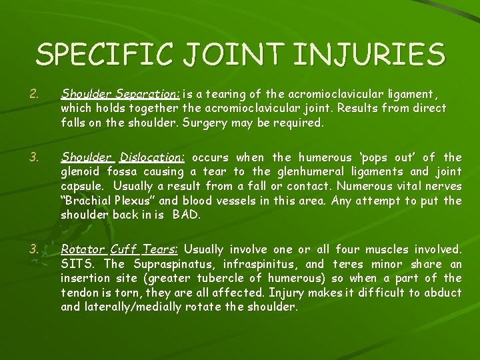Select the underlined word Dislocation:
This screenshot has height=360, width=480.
tap(152, 158)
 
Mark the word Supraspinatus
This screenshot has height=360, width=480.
tap(163, 265)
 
